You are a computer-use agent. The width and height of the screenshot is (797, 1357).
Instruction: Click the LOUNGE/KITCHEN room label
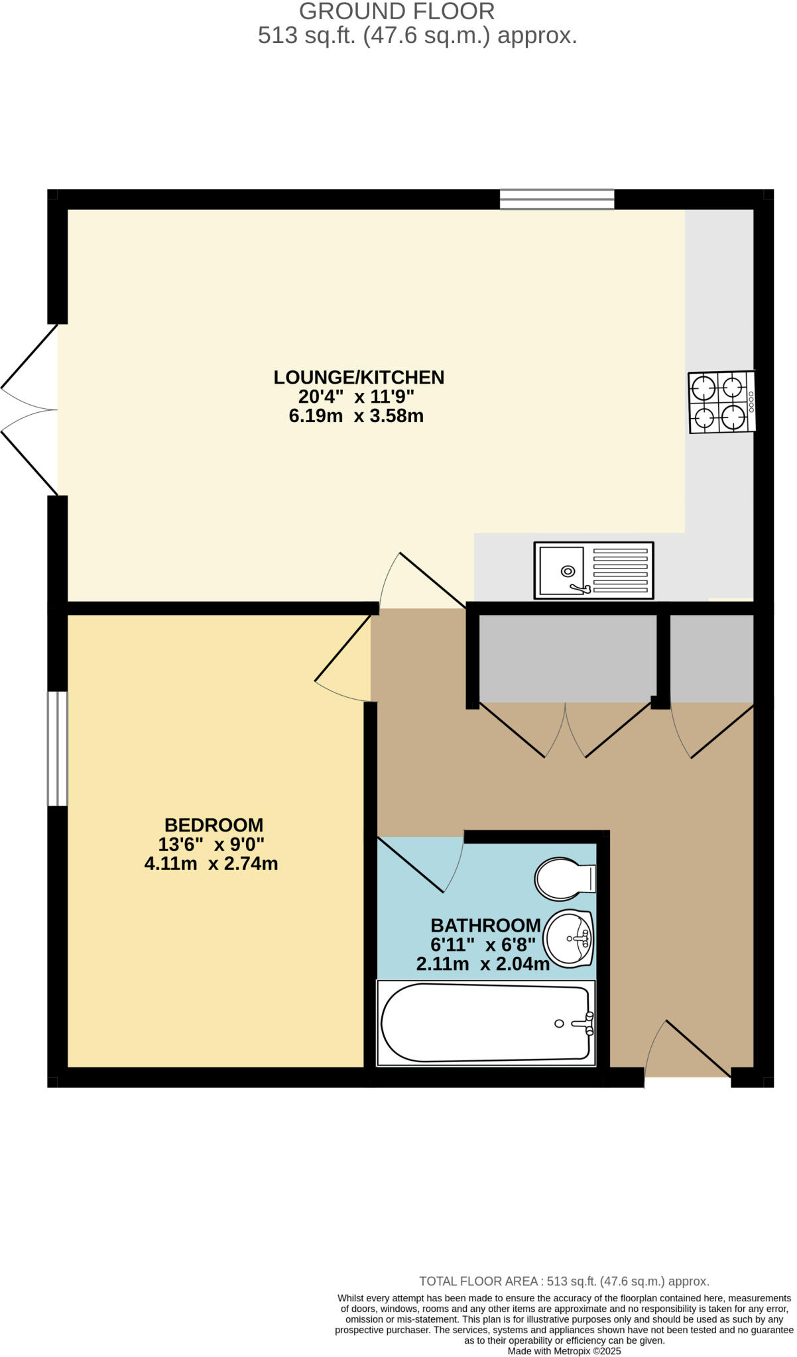[x=359, y=377]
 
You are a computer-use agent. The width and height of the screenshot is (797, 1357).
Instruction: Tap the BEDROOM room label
[x=214, y=825]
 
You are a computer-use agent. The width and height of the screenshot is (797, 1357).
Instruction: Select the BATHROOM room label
[x=485, y=925]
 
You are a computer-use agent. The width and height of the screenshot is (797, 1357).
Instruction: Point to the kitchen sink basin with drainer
[x=593, y=570]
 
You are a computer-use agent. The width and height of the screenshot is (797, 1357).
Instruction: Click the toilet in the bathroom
[x=564, y=879]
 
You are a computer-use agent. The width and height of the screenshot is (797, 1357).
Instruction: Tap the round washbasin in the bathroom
[x=568, y=938]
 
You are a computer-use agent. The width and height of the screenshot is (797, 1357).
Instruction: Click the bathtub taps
[x=583, y=1024]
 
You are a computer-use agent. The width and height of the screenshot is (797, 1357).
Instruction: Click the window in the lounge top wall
[x=557, y=199]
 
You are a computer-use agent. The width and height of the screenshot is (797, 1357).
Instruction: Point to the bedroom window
[x=58, y=749]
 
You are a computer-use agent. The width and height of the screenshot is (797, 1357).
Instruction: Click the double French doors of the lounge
[x=30, y=409]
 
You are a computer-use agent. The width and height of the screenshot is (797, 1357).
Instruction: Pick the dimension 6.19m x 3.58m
[x=356, y=416]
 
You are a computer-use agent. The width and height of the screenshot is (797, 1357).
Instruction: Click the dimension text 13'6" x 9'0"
[x=211, y=844]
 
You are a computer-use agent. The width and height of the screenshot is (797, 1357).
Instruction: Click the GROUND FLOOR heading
[x=397, y=11]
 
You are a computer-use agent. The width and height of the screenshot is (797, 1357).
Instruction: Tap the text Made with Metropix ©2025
[x=564, y=1350]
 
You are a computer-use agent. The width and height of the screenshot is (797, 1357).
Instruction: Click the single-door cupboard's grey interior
[x=711, y=658]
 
